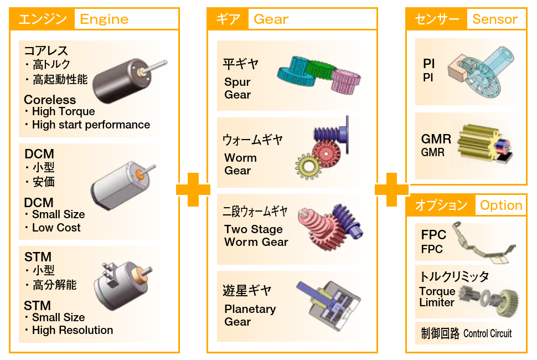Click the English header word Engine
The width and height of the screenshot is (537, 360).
coord(104,19)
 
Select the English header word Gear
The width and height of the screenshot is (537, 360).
coord(271,19)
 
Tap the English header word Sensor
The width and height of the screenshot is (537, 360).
coord(495,19)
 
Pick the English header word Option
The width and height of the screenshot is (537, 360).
coord(501,205)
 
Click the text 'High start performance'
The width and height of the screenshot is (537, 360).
coord(91,125)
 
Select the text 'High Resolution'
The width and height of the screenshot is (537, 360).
coord(72,331)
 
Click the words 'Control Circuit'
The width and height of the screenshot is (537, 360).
coord(488,333)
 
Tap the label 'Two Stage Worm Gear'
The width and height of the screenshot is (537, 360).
coord(256,236)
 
